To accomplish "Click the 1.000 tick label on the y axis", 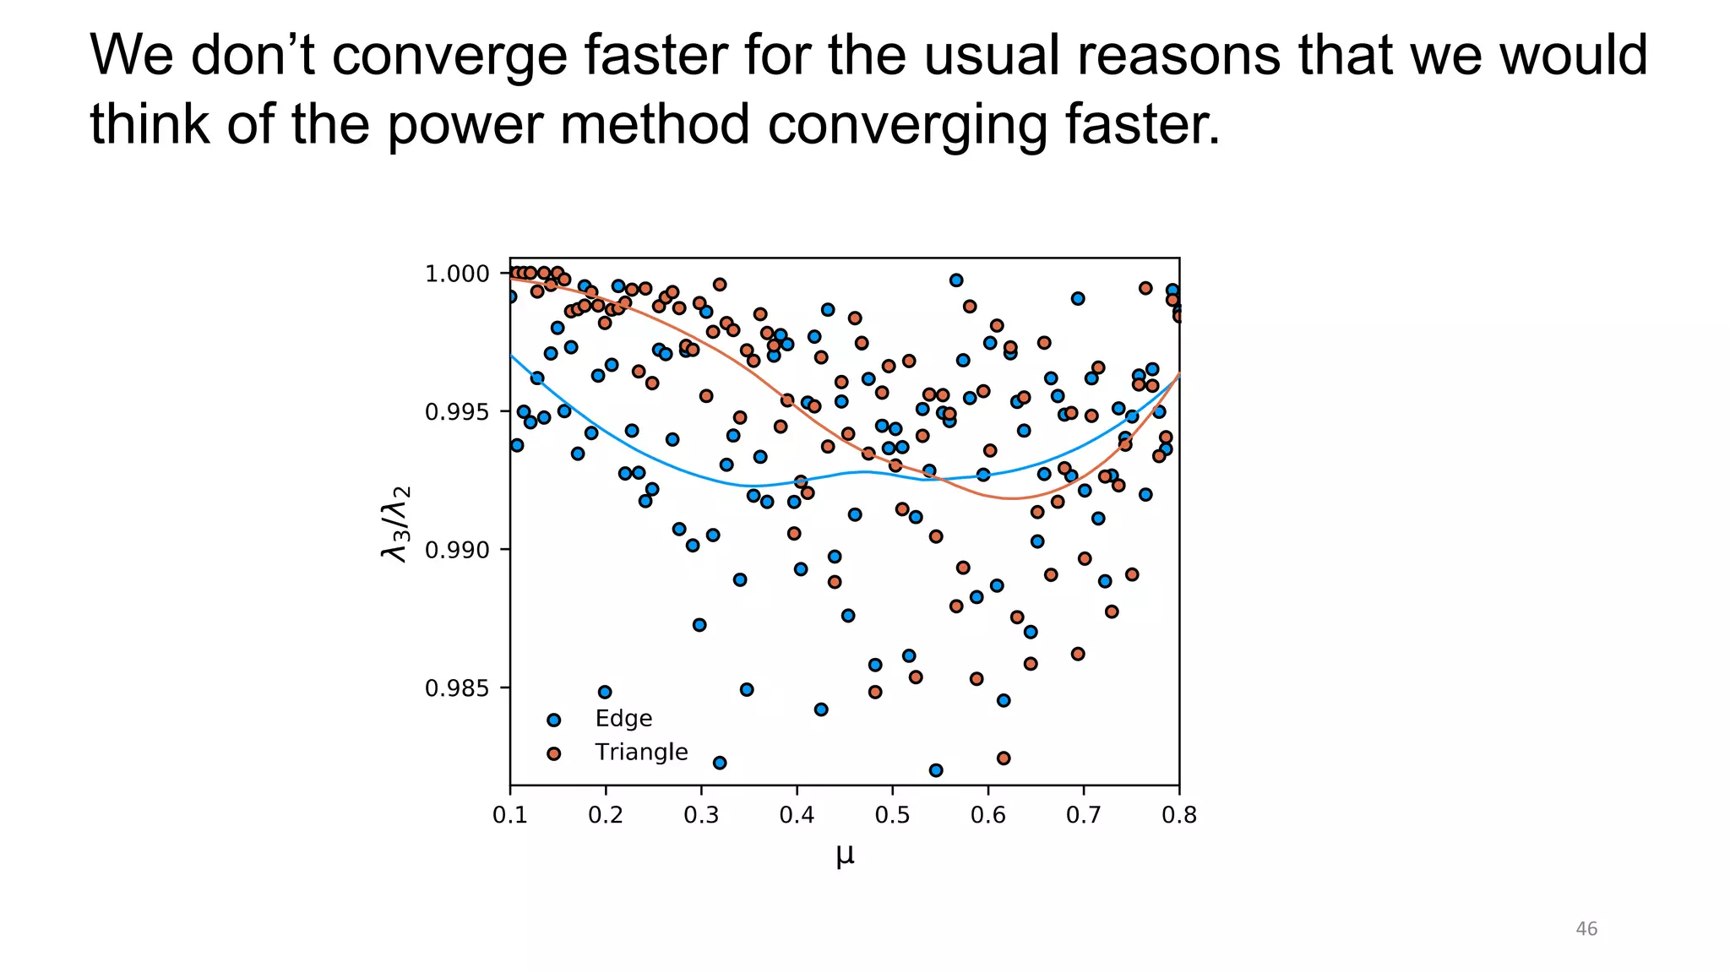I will (x=456, y=274).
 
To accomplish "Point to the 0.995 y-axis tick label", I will (x=456, y=412).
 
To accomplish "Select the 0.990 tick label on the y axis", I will (x=456, y=551).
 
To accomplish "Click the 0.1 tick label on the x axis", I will (x=510, y=815).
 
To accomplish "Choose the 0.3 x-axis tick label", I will (x=701, y=815).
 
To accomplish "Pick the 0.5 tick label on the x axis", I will (x=892, y=815).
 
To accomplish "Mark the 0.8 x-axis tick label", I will (x=1179, y=815).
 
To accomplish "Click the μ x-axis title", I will (x=845, y=855).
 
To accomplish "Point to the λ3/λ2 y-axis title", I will (x=395, y=524).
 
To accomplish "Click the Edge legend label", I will (x=623, y=719).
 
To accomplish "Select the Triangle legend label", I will (x=641, y=752).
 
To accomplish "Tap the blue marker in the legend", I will (x=553, y=720).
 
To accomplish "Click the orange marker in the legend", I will (x=553, y=753).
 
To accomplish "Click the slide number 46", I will (x=1586, y=929).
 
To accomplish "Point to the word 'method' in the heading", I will (x=654, y=125).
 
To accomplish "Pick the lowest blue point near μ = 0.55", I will (x=935, y=770).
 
